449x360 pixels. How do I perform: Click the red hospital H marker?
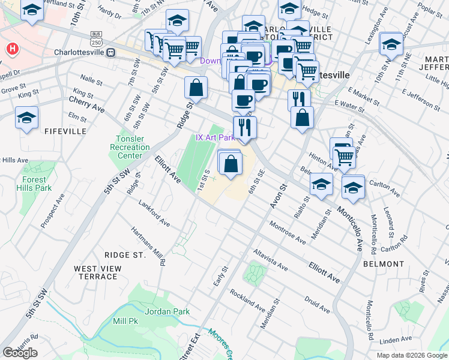pyautogui.click(x=11, y=49)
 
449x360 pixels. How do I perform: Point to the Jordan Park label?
pyautogui.click(x=167, y=311)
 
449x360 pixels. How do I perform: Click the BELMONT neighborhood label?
pyautogui.click(x=383, y=264)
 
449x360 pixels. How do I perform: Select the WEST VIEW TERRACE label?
pyautogui.click(x=95, y=272)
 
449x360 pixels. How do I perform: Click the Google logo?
pyautogui.click(x=20, y=353)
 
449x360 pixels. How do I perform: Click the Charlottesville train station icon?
pyautogui.click(x=110, y=53)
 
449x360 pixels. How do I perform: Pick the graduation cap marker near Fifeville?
pyautogui.click(x=26, y=118)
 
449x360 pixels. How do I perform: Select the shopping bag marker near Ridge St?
pyautogui.click(x=196, y=88)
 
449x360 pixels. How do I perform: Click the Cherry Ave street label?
pyautogui.click(x=87, y=104)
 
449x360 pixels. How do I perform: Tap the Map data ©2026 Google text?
pyautogui.click(x=412, y=355)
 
